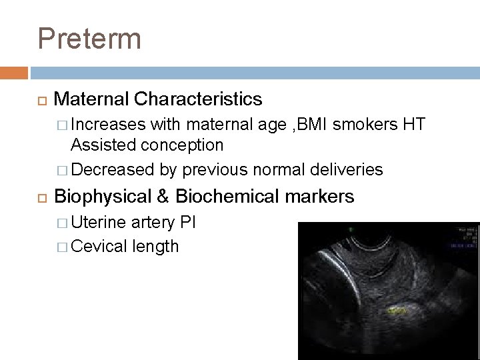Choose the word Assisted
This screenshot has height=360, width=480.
(103, 144)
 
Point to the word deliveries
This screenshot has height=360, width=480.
(347, 169)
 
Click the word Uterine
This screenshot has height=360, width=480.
(101, 221)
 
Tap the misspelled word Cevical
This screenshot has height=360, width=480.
(100, 246)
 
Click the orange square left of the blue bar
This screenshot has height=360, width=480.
(19, 72)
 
